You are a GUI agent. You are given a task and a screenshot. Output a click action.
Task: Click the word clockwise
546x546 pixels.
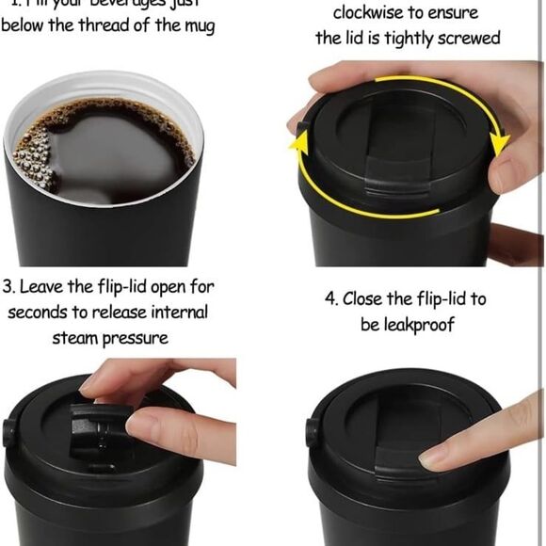(369, 14)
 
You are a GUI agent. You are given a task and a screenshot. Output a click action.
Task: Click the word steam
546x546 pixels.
(79, 337)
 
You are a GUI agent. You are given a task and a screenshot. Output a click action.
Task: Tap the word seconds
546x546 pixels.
(44, 312)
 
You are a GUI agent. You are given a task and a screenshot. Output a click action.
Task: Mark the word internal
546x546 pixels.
(175, 312)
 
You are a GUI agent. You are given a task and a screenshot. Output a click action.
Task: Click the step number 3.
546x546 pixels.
(8, 286)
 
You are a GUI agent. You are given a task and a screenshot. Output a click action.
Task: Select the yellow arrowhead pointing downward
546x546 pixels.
(499, 143)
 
